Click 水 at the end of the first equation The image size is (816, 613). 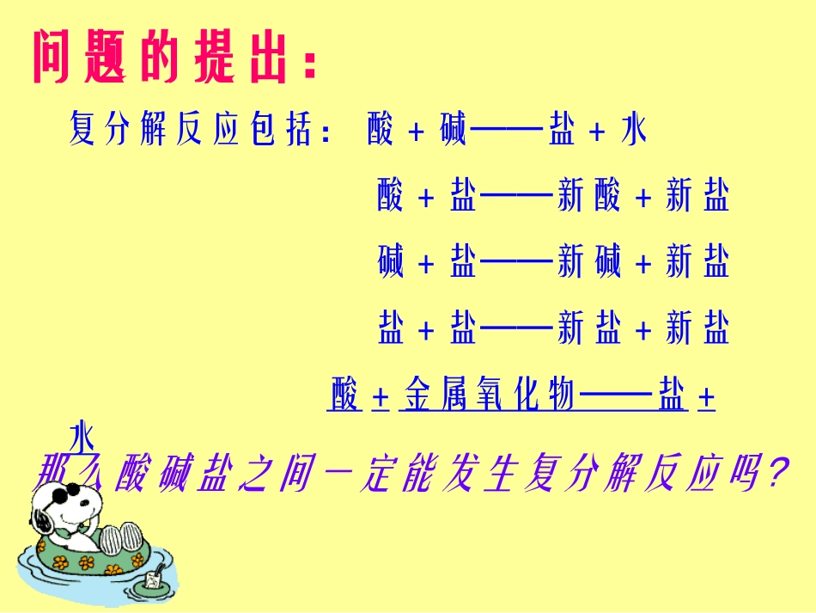coord(633,132)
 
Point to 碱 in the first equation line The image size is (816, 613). coord(452,132)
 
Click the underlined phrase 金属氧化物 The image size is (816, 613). coord(488,395)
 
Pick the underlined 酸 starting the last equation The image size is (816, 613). coord(344,395)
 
